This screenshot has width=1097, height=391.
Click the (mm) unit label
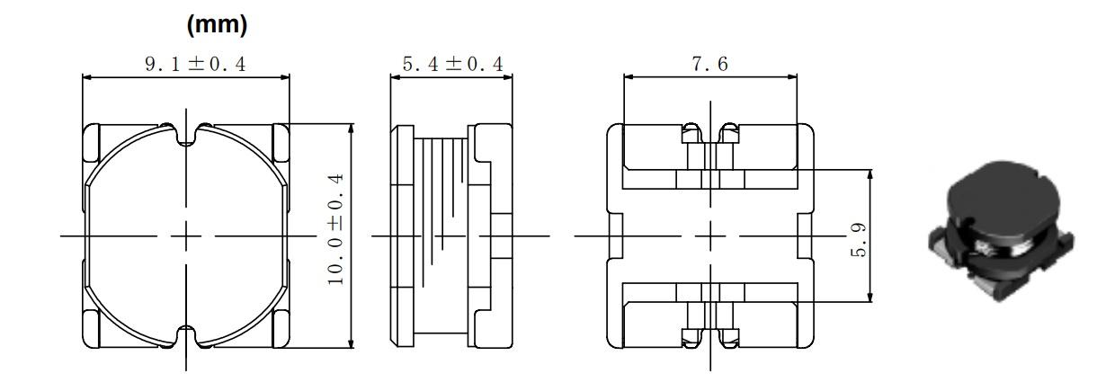click(217, 24)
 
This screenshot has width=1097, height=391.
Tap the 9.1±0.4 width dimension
click(195, 64)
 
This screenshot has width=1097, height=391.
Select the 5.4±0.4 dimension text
click(452, 64)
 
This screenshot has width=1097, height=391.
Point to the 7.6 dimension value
click(709, 64)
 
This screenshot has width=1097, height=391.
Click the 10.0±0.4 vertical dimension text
click(336, 229)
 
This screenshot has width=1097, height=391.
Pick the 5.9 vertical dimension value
click(858, 240)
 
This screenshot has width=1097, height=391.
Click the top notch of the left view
click(187, 136)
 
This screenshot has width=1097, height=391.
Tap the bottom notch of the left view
click(187, 335)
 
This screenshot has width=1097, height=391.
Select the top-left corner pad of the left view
click(91, 142)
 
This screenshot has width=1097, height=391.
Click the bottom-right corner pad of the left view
click(281, 329)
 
